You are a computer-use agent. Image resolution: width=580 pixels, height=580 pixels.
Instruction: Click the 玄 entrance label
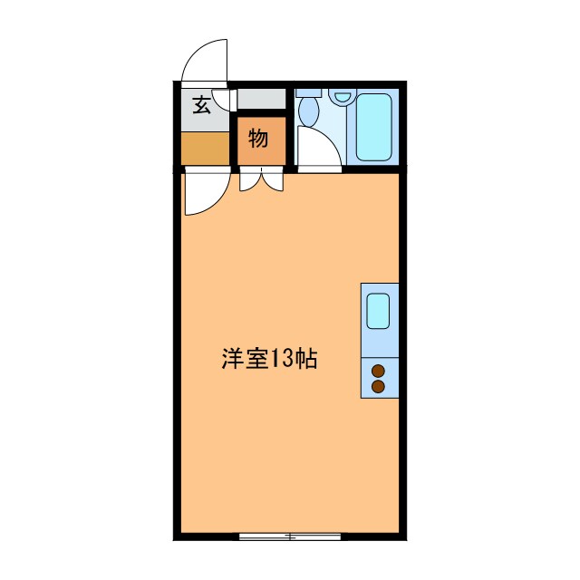click(201, 105)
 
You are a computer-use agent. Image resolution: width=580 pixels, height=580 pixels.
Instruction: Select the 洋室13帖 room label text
click(269, 359)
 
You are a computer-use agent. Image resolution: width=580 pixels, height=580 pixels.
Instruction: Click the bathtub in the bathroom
click(373, 127)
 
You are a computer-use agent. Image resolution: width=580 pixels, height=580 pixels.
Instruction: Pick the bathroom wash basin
click(341, 96)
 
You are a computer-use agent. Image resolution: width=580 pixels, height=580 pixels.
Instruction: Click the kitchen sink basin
click(379, 311)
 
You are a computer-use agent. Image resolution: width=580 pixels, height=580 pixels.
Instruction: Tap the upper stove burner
click(379, 370)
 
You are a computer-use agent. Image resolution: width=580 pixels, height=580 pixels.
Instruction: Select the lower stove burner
click(379, 386)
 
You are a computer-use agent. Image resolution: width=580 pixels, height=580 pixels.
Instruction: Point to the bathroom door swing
click(317, 147)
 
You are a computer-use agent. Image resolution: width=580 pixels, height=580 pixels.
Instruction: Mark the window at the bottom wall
click(289, 536)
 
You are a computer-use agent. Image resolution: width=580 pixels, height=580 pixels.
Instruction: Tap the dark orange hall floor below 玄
click(204, 149)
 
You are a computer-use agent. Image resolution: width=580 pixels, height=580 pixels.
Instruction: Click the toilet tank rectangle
click(309, 92)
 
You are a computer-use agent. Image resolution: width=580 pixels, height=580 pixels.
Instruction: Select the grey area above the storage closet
click(261, 99)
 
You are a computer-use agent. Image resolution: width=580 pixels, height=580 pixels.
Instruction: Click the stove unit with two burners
click(379, 378)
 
